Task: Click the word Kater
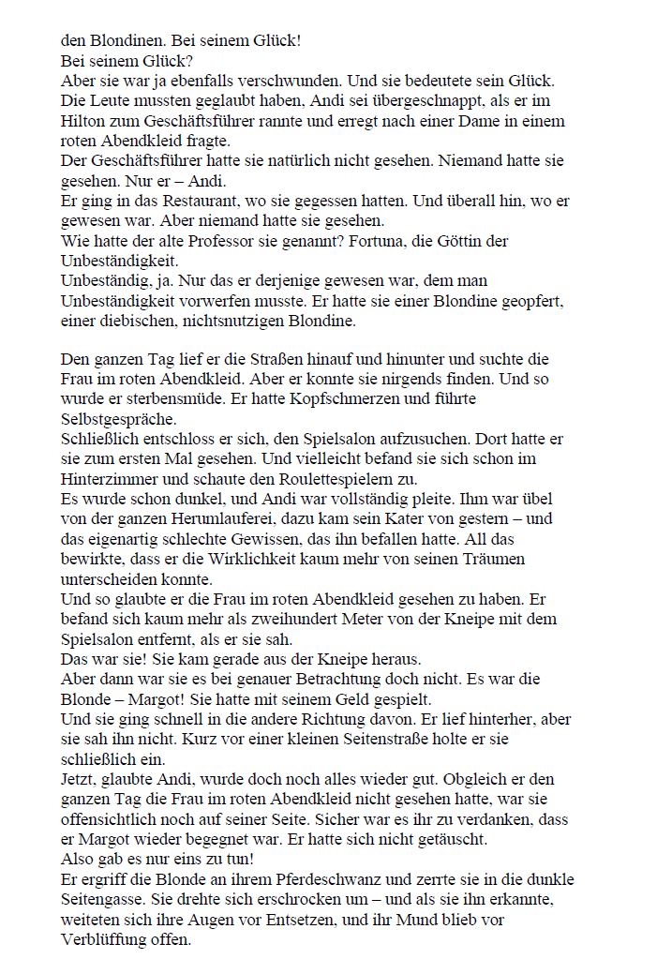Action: pos(403,518)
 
